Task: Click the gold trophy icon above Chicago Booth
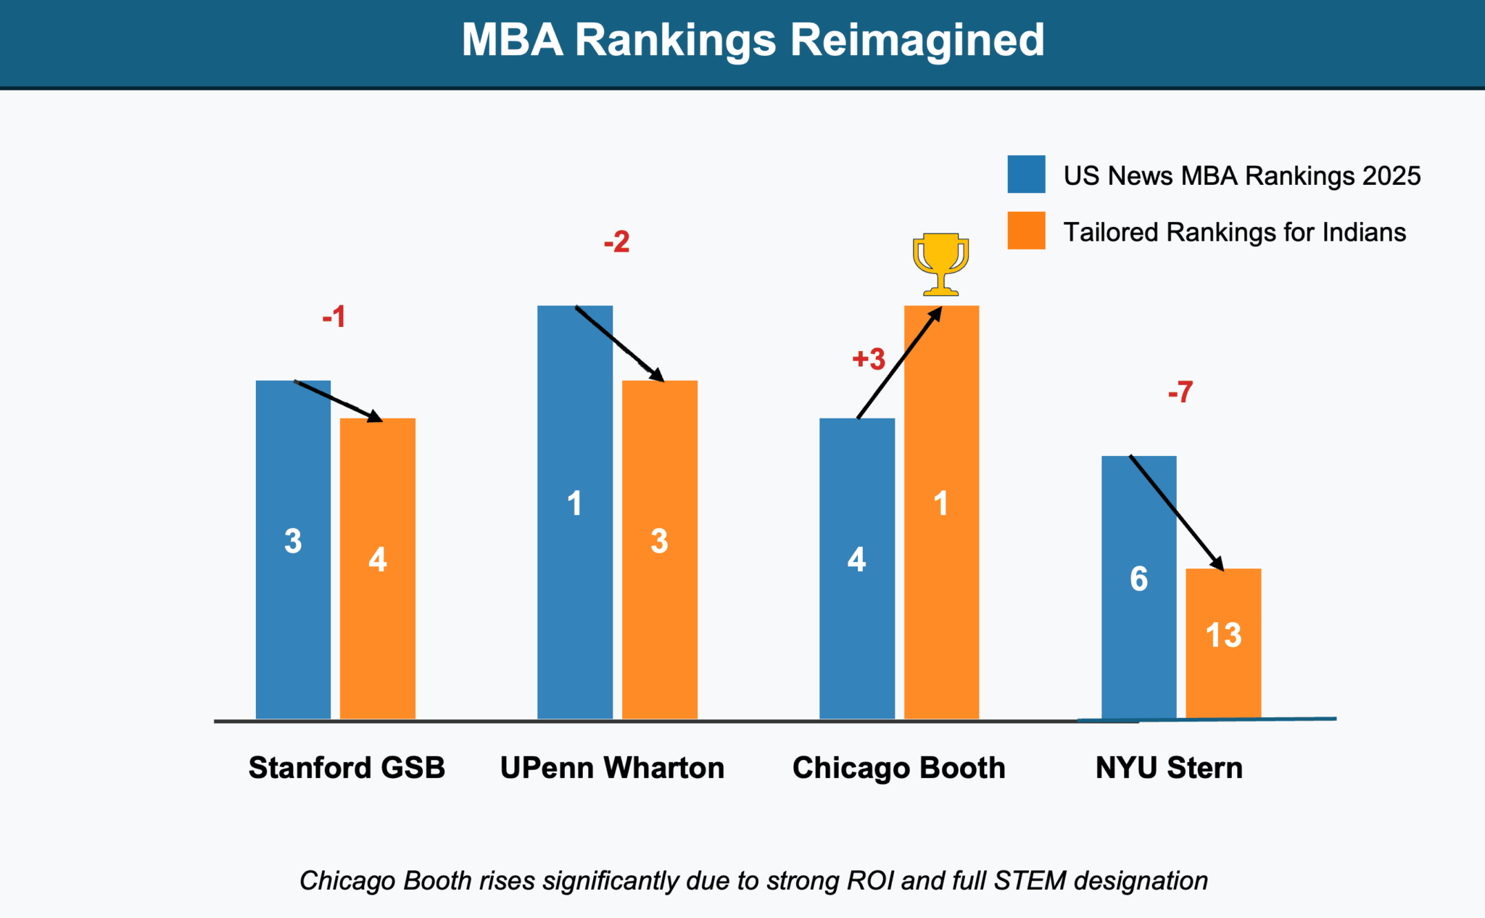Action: tap(940, 264)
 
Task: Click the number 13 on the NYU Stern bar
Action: tap(1223, 635)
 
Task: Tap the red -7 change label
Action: tap(1180, 392)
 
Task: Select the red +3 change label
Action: tap(869, 359)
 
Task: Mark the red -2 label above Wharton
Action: tap(616, 241)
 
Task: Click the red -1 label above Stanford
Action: tap(334, 317)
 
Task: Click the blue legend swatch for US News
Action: tap(1026, 174)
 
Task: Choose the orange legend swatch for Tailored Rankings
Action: tap(1026, 231)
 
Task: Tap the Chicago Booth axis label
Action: tap(898, 768)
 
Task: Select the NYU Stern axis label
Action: tap(1169, 768)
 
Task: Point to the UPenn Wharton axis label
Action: tap(612, 768)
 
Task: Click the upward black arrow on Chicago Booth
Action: tap(899, 363)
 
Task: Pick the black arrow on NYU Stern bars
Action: tap(1176, 513)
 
